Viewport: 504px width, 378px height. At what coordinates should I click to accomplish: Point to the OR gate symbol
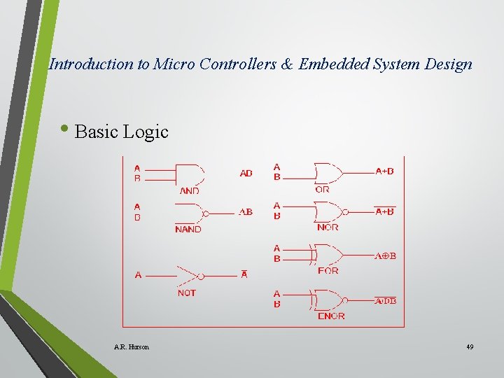coord(329,172)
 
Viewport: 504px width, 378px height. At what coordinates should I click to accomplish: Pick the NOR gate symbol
coord(329,211)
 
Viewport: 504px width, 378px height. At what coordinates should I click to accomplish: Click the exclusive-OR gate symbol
coord(329,255)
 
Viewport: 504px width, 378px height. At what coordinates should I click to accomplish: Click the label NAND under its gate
coord(188,229)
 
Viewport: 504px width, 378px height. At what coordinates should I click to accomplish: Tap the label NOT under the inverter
coord(187,293)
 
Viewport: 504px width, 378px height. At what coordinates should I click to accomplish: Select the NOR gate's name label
coord(328,227)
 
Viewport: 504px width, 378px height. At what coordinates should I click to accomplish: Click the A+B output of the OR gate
coord(384,171)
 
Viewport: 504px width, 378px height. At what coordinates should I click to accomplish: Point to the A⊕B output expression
coord(385,256)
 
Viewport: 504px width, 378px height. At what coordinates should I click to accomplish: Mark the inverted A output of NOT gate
coord(244,274)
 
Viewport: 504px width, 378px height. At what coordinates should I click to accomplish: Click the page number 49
coord(469,346)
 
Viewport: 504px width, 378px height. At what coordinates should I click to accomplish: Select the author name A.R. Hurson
coord(131,346)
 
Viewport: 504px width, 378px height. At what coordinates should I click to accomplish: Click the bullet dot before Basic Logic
coord(67,128)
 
